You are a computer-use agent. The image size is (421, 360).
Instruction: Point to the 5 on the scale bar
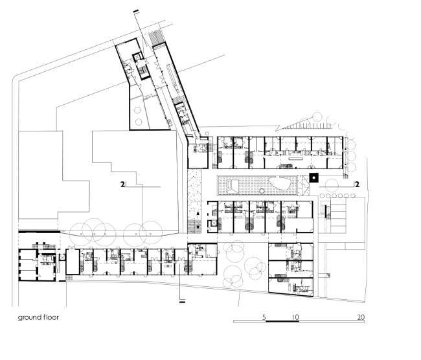coord(264,317)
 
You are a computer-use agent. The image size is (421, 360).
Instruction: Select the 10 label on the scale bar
coord(295,317)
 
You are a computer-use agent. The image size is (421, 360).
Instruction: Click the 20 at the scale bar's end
coord(361,317)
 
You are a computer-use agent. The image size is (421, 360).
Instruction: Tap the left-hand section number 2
coord(122,185)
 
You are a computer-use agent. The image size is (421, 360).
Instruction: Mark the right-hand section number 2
coord(357,185)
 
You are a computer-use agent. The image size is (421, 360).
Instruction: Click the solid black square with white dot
coord(313,177)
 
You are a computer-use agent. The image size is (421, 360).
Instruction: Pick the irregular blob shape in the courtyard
coord(280,184)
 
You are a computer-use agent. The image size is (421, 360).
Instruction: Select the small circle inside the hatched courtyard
coord(262,191)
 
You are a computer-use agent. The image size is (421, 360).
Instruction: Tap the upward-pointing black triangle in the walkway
coord(198,214)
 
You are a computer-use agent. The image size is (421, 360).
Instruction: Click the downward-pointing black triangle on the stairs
coord(198,227)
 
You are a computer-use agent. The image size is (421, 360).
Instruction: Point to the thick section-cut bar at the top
coord(136,11)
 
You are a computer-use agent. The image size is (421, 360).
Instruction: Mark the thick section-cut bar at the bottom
coord(182,302)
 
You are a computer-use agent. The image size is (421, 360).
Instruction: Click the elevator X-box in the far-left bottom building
coord(62,258)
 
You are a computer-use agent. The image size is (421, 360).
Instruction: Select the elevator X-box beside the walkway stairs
coord(214,223)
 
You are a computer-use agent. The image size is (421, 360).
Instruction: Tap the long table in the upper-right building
coord(296,159)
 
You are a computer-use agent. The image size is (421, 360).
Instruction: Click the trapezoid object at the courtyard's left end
coord(233,186)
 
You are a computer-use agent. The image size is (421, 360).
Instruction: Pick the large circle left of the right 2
coord(331,185)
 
